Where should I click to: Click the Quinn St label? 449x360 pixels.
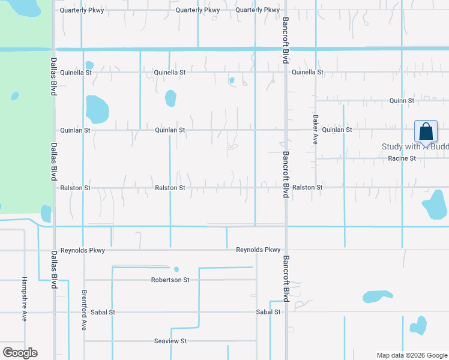point(402,101)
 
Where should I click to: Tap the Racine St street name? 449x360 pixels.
point(402,158)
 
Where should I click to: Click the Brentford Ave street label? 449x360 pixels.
point(84,311)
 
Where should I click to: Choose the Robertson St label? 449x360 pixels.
point(170,280)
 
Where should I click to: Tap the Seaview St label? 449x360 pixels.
point(171,341)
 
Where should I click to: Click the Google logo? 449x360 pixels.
point(20,353)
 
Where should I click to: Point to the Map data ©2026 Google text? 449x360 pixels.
point(412,355)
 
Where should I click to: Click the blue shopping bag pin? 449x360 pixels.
point(426,131)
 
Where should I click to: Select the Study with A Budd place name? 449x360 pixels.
point(415,147)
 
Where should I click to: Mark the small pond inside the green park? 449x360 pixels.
point(14,96)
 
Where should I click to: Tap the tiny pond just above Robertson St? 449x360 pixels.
point(176,269)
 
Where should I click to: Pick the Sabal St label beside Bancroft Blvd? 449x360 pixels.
point(268,312)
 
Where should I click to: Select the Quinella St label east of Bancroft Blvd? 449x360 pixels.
point(307,72)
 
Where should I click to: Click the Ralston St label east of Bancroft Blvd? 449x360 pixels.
point(307,188)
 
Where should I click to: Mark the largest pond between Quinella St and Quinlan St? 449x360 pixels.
point(97,109)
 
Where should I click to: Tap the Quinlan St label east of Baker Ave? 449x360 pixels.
point(337,130)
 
